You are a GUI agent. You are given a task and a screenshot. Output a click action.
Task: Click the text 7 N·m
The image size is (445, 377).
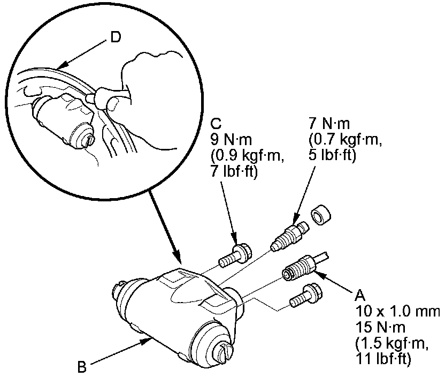[x=329, y=125]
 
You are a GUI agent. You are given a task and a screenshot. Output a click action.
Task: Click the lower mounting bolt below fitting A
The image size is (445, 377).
[x=305, y=296]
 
